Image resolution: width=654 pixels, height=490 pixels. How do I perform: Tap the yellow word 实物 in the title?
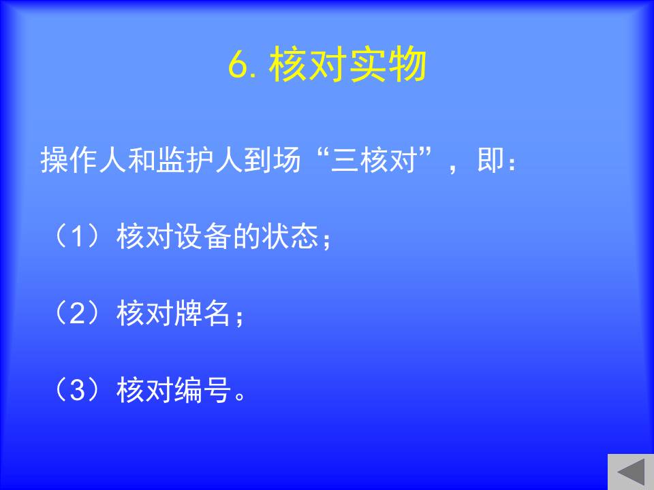coord(388,64)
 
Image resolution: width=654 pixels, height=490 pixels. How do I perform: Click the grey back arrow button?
coord(631,472)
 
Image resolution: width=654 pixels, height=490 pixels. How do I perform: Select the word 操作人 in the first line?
coord(83,159)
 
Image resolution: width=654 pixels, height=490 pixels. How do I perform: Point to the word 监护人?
coord(200,159)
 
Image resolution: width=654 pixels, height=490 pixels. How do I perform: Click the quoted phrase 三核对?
coord(373,159)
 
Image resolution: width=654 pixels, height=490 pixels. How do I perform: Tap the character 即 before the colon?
coord(490,159)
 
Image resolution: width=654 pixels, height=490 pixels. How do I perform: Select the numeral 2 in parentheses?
coord(78,313)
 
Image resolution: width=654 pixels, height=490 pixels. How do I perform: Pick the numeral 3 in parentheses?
coord(78,390)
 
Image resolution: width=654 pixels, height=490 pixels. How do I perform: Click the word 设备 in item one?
coord(203,236)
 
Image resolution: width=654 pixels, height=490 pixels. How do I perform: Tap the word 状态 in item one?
coord(290,236)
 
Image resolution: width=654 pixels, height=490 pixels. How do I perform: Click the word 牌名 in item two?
coord(203,313)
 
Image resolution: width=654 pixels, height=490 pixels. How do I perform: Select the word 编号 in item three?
coord(203,390)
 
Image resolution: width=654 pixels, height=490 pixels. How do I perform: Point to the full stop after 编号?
coord(240,396)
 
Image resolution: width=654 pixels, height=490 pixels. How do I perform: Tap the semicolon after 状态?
coord(326,240)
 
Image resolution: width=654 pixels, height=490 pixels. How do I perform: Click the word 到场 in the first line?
coord(272,159)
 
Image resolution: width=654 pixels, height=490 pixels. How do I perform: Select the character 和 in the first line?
coord(142,159)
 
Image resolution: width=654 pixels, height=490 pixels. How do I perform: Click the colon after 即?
coord(512,163)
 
